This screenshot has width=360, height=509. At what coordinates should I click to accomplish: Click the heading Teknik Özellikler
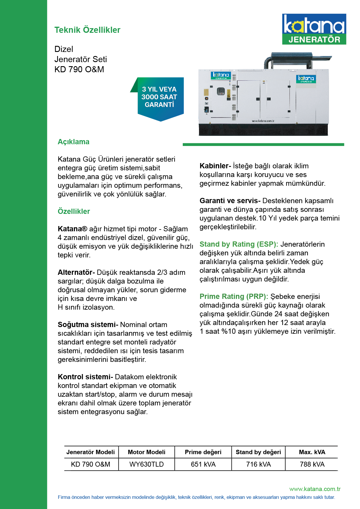point(87,30)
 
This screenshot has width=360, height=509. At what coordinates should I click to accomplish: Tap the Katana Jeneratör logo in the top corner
point(314,29)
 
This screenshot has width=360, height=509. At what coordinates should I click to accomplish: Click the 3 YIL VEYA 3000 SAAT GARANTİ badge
point(159,97)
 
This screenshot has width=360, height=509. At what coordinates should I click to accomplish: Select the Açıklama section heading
point(73,142)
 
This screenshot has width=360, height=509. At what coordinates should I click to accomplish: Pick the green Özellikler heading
point(74,211)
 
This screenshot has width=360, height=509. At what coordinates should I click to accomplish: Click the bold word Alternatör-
point(76,272)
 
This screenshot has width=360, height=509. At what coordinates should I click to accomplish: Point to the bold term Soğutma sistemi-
point(88,325)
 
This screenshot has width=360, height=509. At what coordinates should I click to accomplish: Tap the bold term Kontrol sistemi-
point(85,377)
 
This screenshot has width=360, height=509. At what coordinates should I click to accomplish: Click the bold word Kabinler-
point(215,166)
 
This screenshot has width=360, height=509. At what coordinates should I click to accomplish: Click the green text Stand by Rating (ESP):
point(239,244)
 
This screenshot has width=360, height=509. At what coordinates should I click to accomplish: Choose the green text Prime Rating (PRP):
point(234,297)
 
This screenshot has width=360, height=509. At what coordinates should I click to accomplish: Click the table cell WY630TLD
point(146,464)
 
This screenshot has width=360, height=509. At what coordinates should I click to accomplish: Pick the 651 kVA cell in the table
point(203,464)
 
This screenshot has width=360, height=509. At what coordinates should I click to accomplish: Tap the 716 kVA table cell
point(258,464)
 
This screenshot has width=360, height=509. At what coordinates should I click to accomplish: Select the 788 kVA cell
point(312,464)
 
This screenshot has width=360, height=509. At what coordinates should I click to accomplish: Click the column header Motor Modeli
point(146,452)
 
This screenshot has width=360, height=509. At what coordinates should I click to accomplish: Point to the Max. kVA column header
point(312,452)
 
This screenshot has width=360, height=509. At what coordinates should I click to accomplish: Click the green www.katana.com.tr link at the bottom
point(315,489)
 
